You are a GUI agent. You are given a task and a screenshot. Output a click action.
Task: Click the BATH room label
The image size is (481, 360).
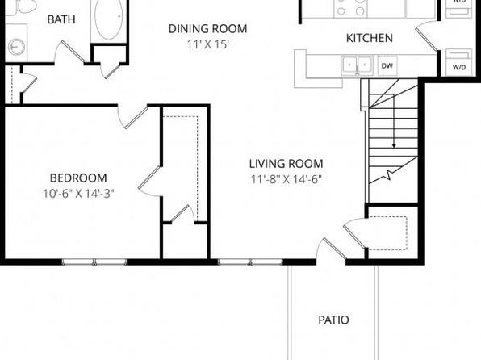(61, 19)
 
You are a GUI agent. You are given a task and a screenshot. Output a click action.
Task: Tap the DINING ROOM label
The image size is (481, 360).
(207, 28)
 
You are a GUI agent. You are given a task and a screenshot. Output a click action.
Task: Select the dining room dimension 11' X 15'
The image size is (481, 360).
(208, 44)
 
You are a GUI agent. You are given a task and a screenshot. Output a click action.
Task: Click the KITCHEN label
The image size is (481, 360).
(370, 38)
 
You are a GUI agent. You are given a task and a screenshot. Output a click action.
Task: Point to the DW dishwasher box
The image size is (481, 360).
(387, 65)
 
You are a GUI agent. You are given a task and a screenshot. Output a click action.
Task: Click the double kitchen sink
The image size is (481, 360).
(358, 65)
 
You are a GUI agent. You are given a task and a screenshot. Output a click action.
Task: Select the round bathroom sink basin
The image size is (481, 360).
(16, 47)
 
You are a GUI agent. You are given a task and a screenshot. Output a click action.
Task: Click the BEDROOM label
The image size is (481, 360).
(78, 178)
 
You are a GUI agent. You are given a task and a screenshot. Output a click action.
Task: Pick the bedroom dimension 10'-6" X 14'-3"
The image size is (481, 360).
(78, 194)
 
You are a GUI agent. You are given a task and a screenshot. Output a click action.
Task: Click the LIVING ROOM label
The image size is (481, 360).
(287, 164)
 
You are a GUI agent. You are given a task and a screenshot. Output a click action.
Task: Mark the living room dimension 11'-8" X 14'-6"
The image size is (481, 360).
(287, 179)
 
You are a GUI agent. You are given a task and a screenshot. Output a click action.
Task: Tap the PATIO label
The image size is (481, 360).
(333, 320)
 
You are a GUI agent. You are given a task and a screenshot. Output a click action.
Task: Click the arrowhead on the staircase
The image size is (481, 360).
(394, 146)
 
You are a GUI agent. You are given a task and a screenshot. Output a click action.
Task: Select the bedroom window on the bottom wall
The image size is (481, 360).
(94, 262)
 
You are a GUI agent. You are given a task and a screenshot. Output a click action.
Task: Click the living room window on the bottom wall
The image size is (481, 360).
(250, 262)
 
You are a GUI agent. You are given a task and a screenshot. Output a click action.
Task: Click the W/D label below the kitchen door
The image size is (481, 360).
(459, 67)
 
